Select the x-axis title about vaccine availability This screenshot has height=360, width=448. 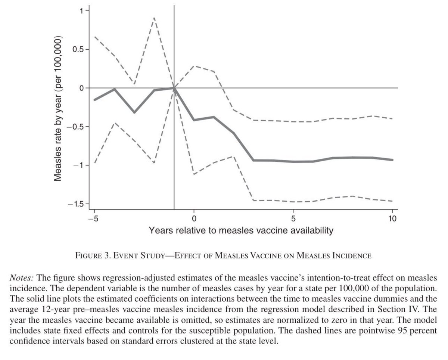pos(241,230)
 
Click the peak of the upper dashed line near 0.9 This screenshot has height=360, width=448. pos(154,18)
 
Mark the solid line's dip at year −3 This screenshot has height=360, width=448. pos(134,112)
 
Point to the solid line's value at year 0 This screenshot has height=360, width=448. pos(194,120)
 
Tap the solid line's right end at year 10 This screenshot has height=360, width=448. pos(393,160)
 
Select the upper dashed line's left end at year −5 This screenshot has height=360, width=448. pos(94,36)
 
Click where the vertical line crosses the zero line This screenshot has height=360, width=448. pos(174,88)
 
